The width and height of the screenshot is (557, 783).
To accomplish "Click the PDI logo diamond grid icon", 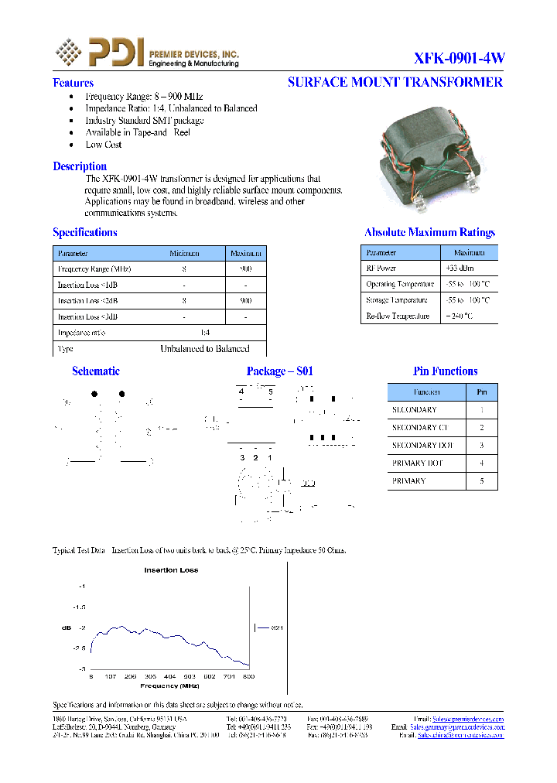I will point(68,52).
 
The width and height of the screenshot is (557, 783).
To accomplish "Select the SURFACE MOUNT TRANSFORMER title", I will point(395,82).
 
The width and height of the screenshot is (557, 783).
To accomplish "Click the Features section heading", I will point(73,83).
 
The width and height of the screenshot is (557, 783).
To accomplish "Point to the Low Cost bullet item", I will point(103,145).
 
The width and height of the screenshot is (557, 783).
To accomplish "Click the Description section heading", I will point(80,166).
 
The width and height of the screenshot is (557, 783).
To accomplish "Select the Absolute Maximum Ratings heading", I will point(429,232).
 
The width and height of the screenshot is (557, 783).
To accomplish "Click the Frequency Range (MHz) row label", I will point(94,269).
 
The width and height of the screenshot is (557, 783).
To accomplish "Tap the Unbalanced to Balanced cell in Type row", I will point(204,349).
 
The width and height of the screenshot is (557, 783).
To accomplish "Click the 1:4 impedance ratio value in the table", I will point(204,333).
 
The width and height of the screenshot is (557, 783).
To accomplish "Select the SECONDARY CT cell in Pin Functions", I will point(419,428).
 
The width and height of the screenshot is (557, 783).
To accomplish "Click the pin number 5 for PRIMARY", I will point(481,481).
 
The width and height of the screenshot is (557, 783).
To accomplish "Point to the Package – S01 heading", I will point(279,371).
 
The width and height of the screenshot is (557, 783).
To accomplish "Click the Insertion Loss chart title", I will point(171,570).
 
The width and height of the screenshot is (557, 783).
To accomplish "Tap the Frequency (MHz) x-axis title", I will point(169,686).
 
